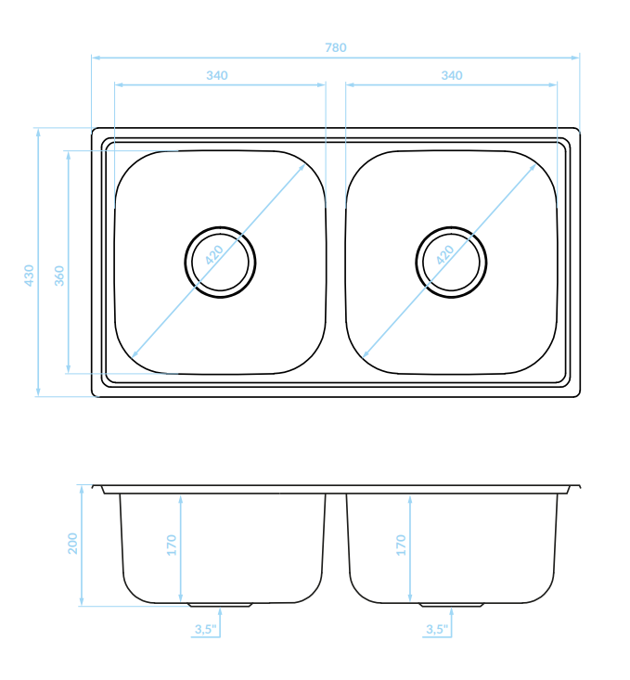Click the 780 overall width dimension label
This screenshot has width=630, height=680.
coord(336,47)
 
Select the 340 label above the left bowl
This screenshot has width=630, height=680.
coord(217,75)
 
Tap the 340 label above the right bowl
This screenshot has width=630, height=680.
coord(452,75)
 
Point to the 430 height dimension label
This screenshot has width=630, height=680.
coord(29,276)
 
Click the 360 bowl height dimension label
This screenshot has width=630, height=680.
coord(59,276)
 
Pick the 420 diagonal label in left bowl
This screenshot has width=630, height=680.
coord(214,255)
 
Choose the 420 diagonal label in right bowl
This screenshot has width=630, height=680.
coord(445,255)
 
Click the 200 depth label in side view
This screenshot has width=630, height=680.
coord(72,544)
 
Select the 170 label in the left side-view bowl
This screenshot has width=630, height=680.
coord(172,545)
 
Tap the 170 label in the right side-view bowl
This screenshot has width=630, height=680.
coord(401,545)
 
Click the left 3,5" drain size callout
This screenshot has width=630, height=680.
coord(205,629)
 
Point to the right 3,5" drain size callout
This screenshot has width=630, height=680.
coord(436,629)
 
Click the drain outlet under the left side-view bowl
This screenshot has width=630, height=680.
coord(220,605)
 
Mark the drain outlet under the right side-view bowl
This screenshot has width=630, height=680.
coord(451,605)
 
